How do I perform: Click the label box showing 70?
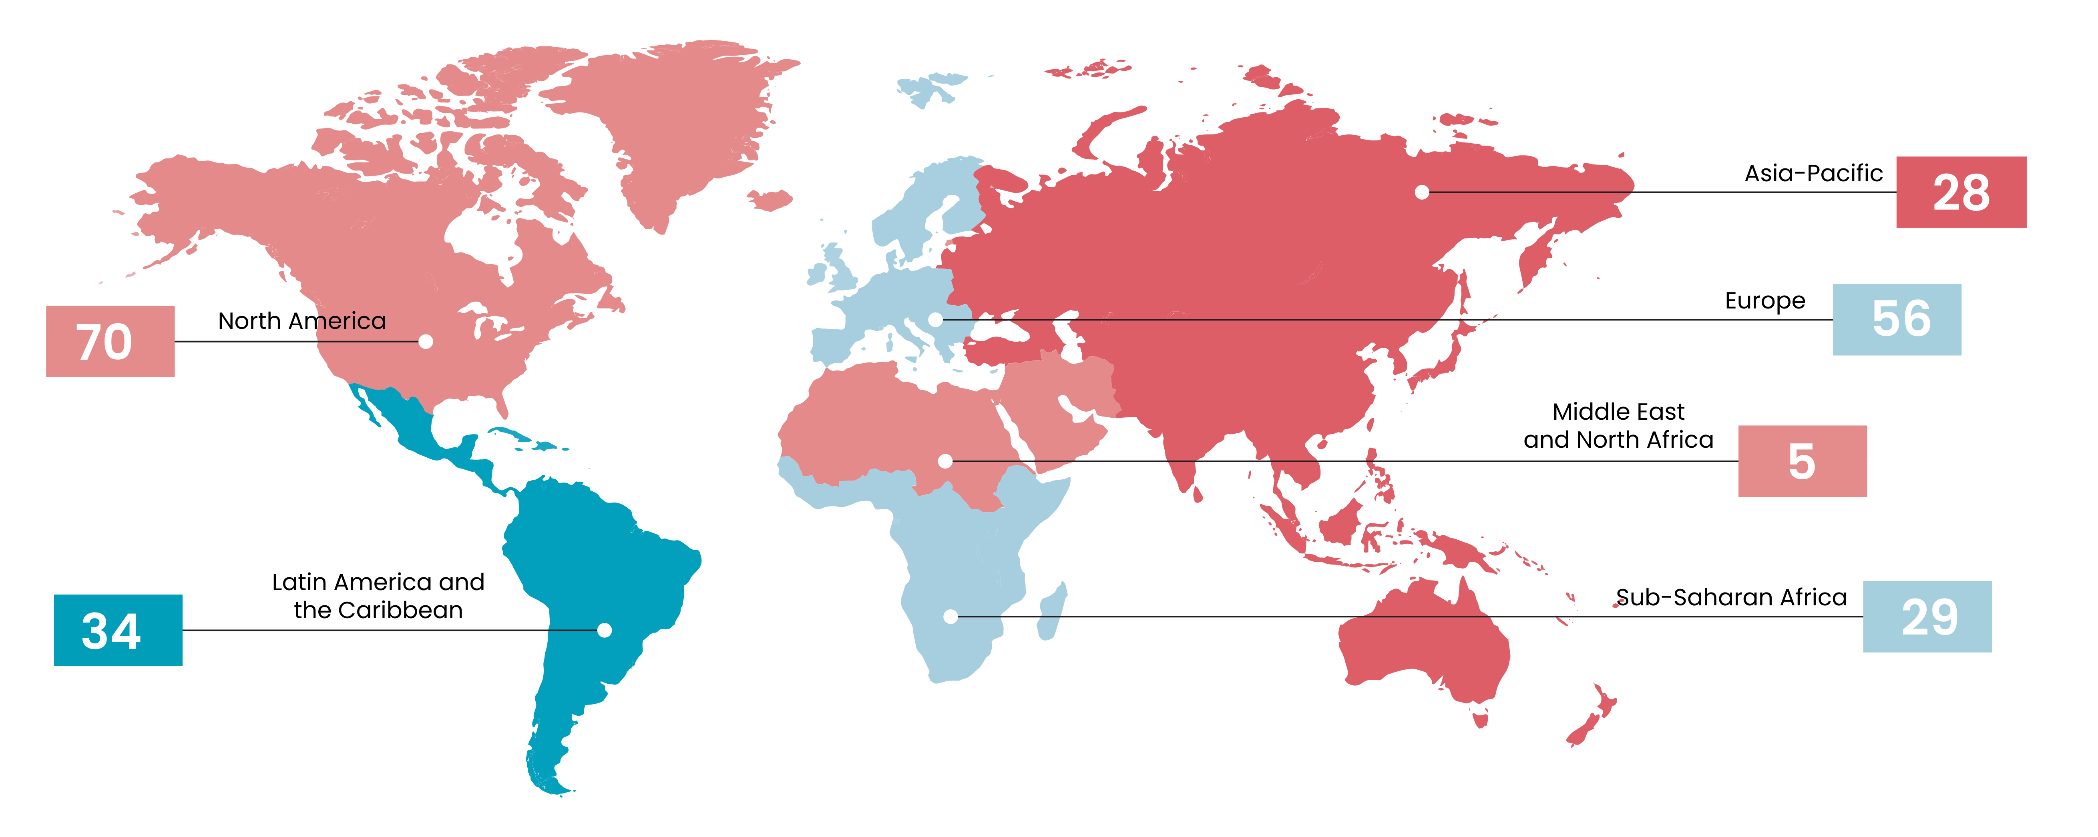tap(110, 341)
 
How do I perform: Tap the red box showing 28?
tap(1960, 192)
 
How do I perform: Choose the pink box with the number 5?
tap(1802, 461)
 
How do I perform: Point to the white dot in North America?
tap(425, 341)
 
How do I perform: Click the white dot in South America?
tap(604, 630)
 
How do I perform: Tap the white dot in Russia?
tap(1421, 192)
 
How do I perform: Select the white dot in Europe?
tap(936, 319)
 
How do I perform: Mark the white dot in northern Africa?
tap(945, 461)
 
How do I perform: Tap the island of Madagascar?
tap(1051, 612)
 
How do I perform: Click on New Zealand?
tap(1592, 717)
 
